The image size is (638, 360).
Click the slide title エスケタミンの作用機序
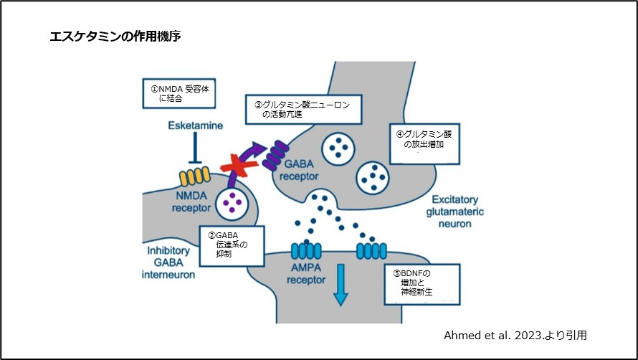pos(115,36)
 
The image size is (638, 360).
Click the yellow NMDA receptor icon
pos(193,176)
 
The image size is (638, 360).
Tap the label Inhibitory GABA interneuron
pos(169,262)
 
